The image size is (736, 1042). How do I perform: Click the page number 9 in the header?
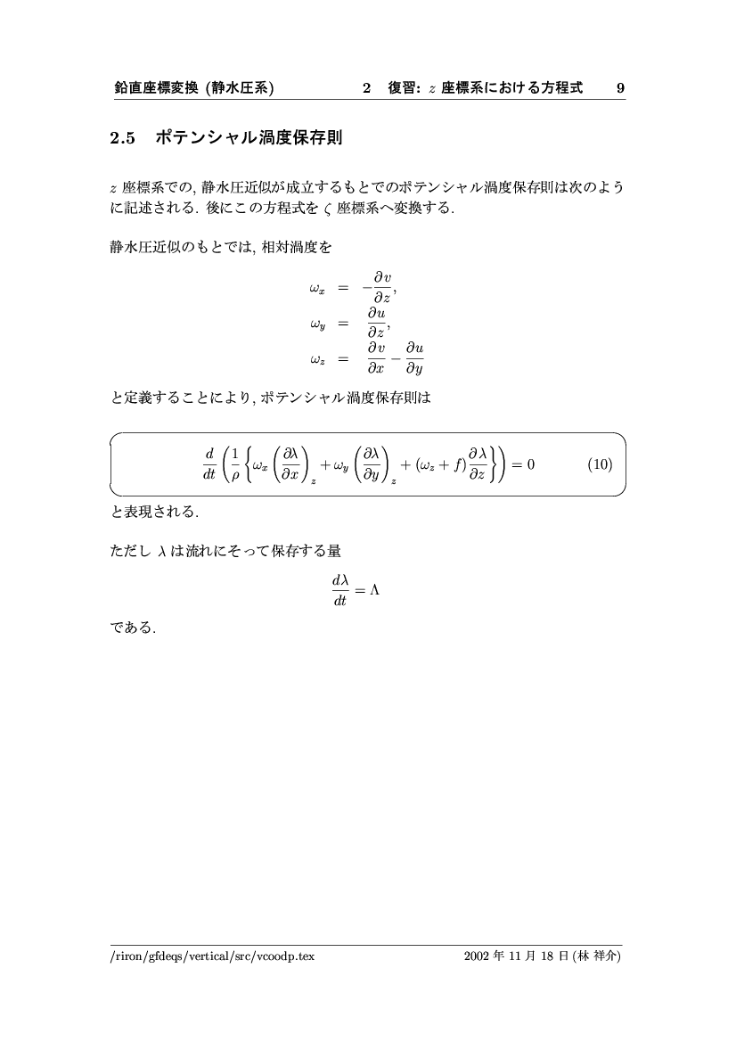[620, 88]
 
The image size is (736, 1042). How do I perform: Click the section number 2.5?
[121, 138]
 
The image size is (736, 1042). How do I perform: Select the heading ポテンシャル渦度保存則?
[249, 138]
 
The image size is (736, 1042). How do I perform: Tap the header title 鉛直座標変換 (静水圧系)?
[193, 88]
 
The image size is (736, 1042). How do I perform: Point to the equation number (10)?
[601, 464]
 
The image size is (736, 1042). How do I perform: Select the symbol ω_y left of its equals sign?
[317, 324]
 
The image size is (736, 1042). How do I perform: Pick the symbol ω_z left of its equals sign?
[317, 359]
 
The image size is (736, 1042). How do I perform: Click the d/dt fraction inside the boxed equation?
[209, 464]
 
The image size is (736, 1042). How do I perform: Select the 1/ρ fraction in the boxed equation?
[235, 464]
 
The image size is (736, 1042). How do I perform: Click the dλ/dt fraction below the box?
[339, 592]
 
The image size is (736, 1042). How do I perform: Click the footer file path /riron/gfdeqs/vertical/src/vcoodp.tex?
[212, 956]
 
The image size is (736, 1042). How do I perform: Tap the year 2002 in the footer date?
[476, 956]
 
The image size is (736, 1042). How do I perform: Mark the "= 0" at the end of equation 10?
[523, 464]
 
